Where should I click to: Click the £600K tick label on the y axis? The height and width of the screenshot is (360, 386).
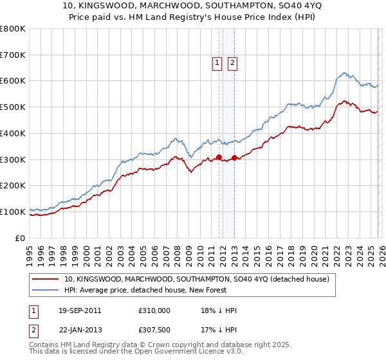13,81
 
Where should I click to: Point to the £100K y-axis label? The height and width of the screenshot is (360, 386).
13,212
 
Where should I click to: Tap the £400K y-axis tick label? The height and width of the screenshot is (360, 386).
13,133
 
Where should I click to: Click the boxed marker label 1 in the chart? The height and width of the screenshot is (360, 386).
217,63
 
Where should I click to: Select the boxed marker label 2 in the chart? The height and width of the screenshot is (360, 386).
232,63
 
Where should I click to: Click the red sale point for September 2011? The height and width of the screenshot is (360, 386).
219,157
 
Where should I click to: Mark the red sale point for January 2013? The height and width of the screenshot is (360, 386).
234,157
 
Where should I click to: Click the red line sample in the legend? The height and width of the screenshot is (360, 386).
46,279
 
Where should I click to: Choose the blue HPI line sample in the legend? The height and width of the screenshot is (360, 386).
46,290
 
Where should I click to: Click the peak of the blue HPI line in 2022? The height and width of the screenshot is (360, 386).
345,73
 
